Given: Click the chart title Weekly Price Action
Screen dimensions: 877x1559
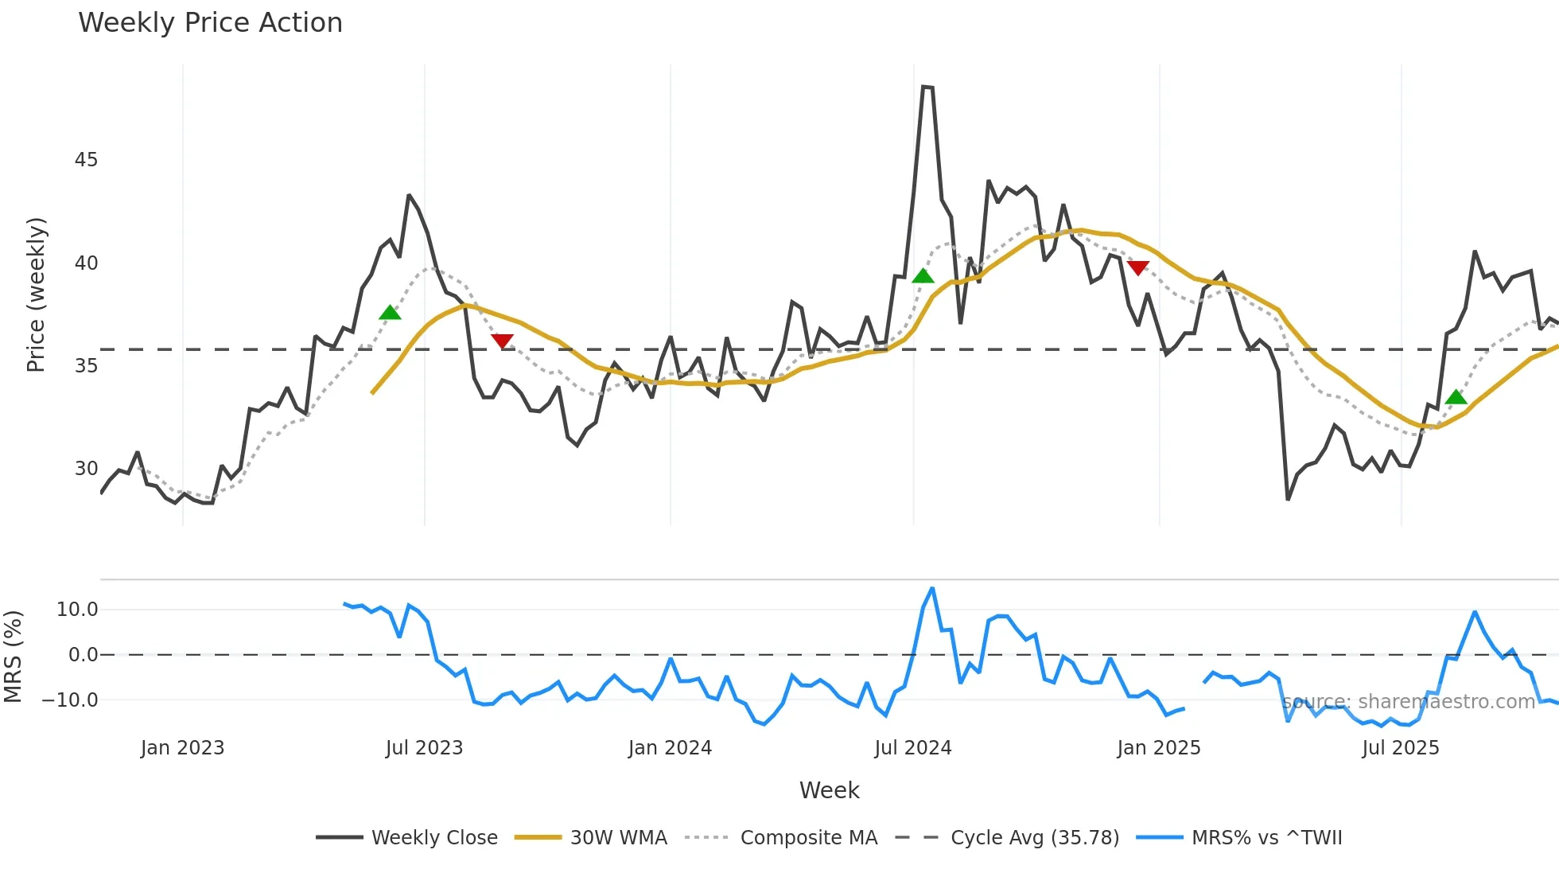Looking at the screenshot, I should click(x=210, y=23).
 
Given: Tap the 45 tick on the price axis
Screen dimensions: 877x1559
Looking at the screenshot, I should click(x=86, y=160).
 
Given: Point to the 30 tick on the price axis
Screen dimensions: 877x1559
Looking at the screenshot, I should click(x=86, y=469).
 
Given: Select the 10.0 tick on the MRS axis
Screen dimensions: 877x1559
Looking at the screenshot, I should click(x=77, y=610).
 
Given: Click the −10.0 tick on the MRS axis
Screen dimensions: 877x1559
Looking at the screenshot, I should click(x=70, y=700).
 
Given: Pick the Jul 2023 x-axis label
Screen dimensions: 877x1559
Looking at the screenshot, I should click(x=424, y=748).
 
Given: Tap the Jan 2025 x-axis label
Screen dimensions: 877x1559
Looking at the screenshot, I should click(x=1158, y=748).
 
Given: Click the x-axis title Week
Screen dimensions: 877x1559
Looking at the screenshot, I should click(x=829, y=790).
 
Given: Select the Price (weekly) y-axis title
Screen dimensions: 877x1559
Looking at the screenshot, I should click(x=37, y=294).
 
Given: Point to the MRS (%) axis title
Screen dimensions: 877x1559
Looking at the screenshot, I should click(x=13, y=657).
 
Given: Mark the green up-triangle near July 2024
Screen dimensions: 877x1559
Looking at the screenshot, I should click(x=923, y=276).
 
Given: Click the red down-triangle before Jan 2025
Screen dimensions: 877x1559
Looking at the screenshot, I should click(x=1138, y=268).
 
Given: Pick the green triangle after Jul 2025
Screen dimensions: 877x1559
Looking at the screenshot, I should click(x=1456, y=397).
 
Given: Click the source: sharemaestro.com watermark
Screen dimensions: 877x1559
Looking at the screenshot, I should click(x=1408, y=702).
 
